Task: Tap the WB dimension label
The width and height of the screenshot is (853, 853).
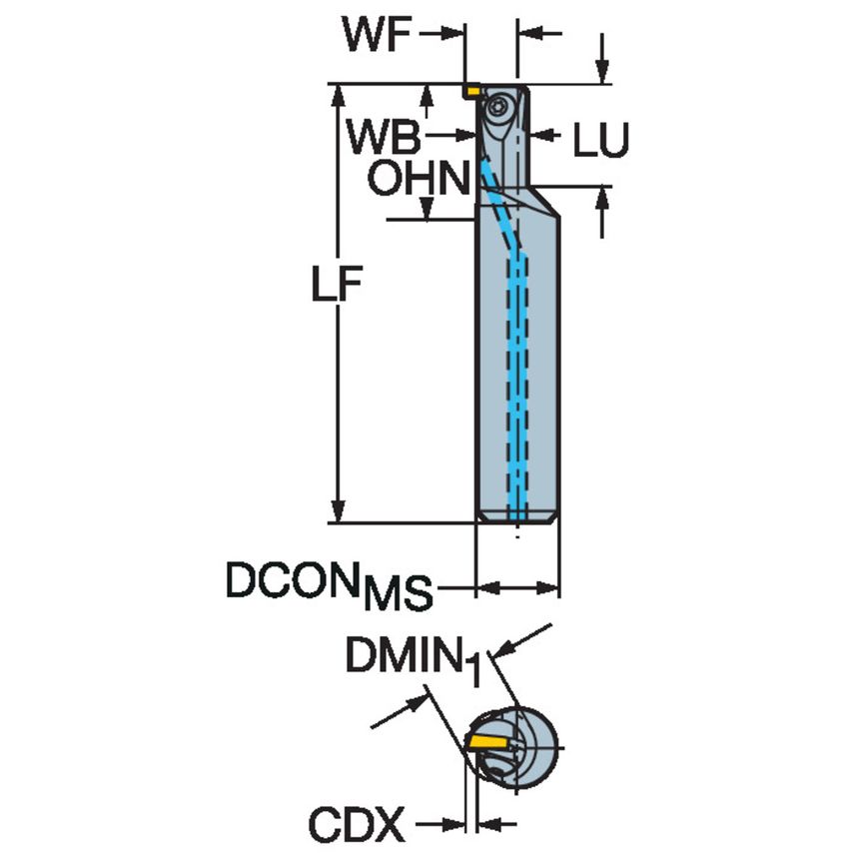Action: (384, 137)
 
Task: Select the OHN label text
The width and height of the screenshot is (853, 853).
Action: (418, 180)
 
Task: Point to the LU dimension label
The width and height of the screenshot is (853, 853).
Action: (601, 143)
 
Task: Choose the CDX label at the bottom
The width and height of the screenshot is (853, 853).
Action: (357, 826)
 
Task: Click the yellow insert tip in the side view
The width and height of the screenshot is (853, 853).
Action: (470, 92)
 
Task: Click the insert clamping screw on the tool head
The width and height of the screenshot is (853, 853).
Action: (499, 105)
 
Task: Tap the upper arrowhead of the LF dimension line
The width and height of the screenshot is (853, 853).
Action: (341, 94)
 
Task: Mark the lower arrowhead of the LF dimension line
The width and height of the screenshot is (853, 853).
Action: (341, 511)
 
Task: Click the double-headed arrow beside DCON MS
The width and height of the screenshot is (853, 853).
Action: (517, 585)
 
